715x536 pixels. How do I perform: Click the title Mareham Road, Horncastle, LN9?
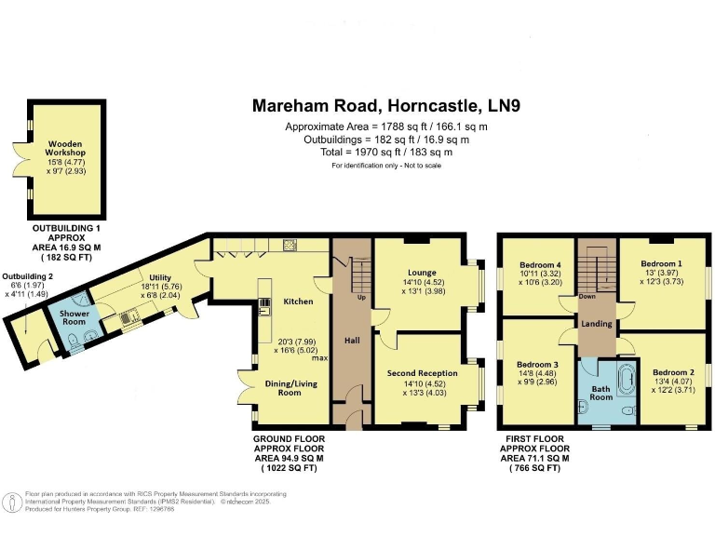385,106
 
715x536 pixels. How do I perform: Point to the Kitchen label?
298,301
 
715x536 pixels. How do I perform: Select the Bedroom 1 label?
660,264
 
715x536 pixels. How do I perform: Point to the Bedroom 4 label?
540,265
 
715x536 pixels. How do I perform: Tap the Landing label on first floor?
596,323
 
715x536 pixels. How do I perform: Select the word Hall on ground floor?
352,342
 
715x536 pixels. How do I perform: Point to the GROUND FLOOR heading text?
292,436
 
